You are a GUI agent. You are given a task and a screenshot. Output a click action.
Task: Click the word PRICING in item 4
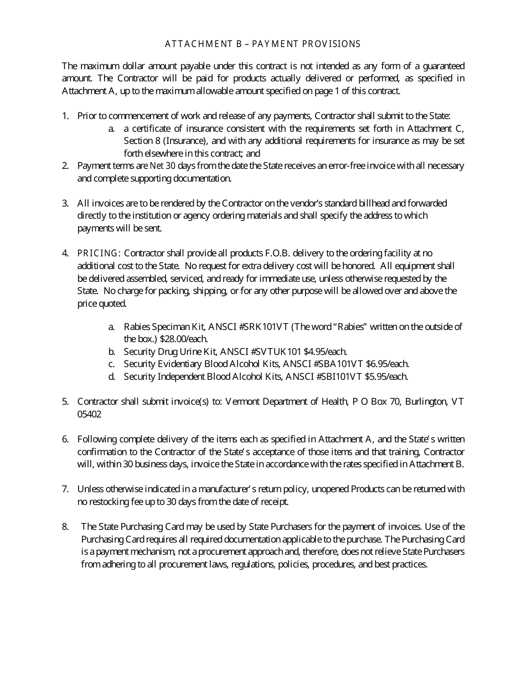pos(98,253)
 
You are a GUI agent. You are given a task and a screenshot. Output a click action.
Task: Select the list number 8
pos(65,527)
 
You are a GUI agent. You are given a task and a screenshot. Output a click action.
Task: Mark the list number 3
pos(65,203)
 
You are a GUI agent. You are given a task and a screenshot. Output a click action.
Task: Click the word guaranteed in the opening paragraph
pos(440,65)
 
